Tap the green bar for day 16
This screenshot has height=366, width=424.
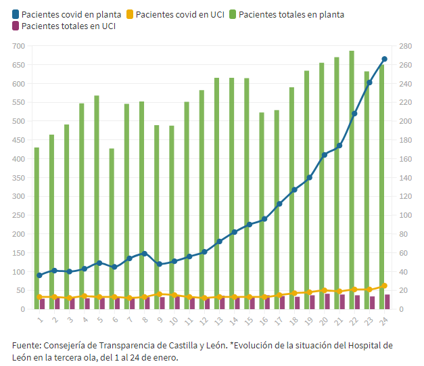coord(262,210)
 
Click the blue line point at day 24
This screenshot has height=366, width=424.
coord(384,60)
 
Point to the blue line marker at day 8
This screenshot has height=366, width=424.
coord(144,254)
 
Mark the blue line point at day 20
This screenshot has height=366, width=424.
coord(325,155)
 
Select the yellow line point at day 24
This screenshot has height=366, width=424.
coord(384,285)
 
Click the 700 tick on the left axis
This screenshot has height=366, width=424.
coord(18,46)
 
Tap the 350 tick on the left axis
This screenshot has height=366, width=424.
coord(18,178)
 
